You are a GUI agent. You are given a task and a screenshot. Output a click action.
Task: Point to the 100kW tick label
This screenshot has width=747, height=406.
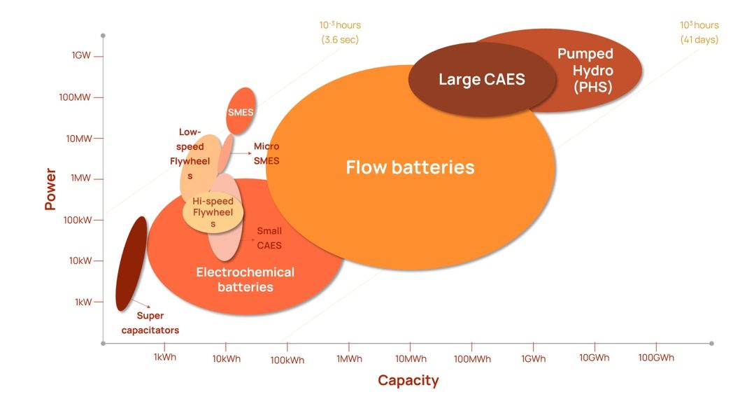coord(79,220)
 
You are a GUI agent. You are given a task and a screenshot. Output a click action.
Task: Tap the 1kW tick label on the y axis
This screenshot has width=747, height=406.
coord(83,302)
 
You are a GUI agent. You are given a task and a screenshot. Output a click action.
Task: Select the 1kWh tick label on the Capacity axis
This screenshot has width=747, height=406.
coord(164,358)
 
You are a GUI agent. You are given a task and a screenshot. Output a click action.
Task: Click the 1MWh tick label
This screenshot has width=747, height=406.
coord(349,358)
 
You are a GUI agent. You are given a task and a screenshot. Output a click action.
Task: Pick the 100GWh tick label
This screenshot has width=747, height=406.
coord(656,358)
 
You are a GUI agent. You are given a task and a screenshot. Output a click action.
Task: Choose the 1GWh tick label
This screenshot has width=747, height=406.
coord(533,358)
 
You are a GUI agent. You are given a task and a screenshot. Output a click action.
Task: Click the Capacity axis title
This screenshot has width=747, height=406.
coord(408,381)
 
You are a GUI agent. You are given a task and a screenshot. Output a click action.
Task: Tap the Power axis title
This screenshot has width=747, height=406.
coord(50,188)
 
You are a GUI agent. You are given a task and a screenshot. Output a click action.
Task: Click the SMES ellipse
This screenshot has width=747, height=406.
coord(241,111)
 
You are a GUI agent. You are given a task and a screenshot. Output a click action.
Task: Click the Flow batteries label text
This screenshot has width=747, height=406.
coord(410,167)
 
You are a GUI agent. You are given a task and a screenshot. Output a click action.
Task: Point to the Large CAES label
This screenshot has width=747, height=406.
coord(481,79)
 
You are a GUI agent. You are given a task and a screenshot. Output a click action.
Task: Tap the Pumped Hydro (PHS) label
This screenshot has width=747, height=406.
coord(585,70)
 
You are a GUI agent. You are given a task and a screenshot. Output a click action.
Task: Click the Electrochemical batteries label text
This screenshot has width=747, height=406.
coord(245,279)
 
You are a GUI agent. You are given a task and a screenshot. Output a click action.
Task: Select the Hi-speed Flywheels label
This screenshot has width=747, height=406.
coord(213,212)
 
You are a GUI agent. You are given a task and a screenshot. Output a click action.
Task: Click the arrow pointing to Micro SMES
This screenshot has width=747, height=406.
coord(241,153)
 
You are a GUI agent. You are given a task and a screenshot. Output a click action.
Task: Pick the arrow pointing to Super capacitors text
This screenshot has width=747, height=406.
coord(142,303)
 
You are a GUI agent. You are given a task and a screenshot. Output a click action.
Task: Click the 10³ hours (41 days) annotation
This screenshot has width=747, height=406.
coord(699,32)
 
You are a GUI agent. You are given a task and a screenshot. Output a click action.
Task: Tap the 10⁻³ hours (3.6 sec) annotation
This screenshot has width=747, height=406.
coord(340,32)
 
